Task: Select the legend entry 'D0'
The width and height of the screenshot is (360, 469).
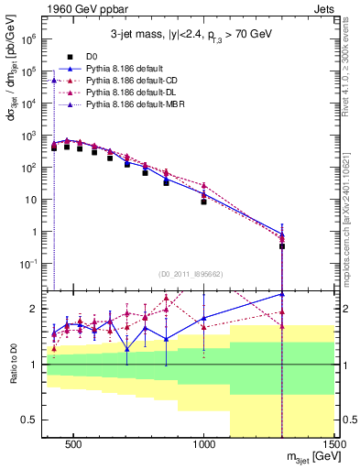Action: pyautogui.click(x=93, y=56)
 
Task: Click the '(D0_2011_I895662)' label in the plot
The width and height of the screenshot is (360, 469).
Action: pyautogui.click(x=189, y=273)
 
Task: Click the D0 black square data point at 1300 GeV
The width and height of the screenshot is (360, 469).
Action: pyautogui.click(x=282, y=246)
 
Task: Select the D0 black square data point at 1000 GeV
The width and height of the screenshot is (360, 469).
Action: pyautogui.click(x=204, y=201)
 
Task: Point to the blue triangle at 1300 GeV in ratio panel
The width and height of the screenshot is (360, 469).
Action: pyautogui.click(x=282, y=294)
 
